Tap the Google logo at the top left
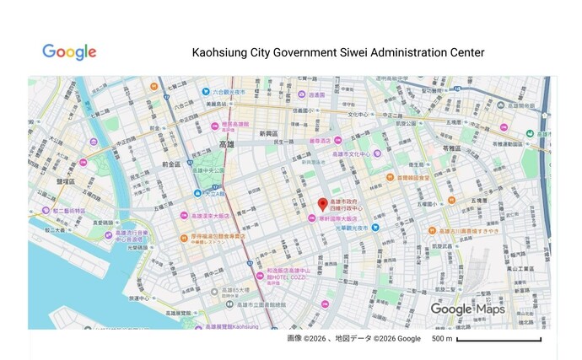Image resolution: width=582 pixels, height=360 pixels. (x=69, y=52)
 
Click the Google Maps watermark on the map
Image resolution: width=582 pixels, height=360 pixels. (x=467, y=309)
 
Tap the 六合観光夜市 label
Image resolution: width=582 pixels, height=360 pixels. (x=228, y=92)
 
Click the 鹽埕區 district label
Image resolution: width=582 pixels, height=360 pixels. (x=66, y=180)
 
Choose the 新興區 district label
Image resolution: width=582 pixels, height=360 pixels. (x=268, y=133)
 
